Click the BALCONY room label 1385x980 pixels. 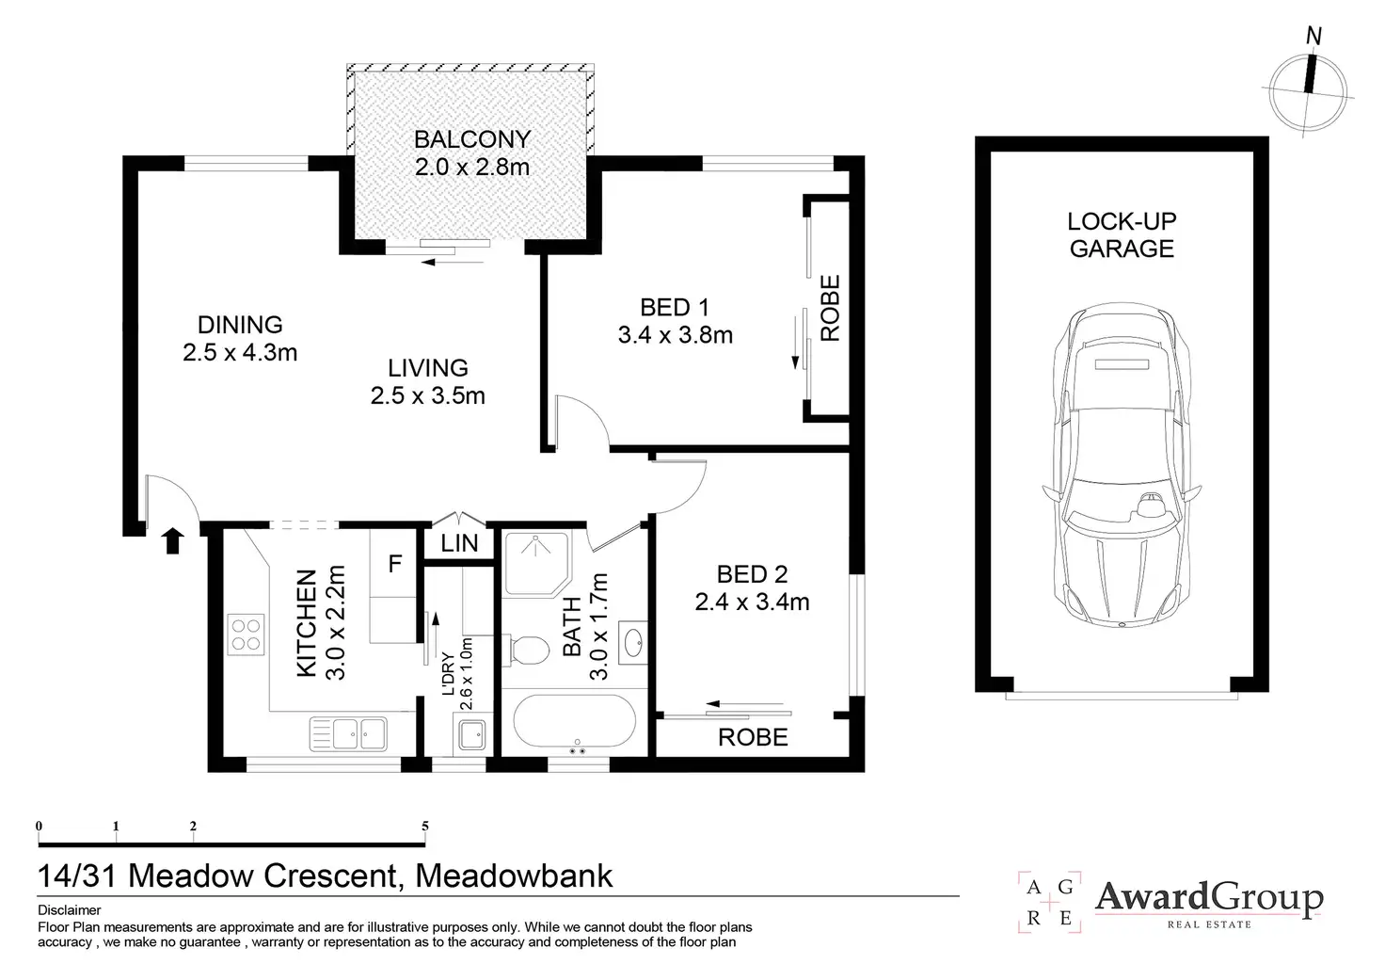[x=472, y=139]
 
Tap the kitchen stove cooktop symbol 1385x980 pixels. [x=247, y=635]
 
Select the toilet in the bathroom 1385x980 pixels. [x=530, y=650]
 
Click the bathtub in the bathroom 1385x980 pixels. [x=574, y=721]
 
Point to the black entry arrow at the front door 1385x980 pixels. [x=173, y=540]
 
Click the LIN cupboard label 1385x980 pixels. [x=459, y=543]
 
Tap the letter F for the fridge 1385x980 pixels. [x=394, y=564]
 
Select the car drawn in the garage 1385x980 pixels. [x=1122, y=465]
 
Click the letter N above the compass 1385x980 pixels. [x=1313, y=37]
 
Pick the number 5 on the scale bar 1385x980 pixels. [x=424, y=826]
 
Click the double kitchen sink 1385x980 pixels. [x=349, y=733]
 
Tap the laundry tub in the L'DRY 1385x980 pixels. [x=473, y=734]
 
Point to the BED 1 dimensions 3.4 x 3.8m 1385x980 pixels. [x=676, y=335]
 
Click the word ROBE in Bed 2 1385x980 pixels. [x=753, y=737]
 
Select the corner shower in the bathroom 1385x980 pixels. [x=536, y=564]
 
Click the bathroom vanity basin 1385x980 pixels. [x=633, y=643]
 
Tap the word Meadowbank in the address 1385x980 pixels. [x=514, y=876]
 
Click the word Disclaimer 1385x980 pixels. [x=70, y=910]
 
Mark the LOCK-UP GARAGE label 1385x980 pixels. [x=1122, y=234]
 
